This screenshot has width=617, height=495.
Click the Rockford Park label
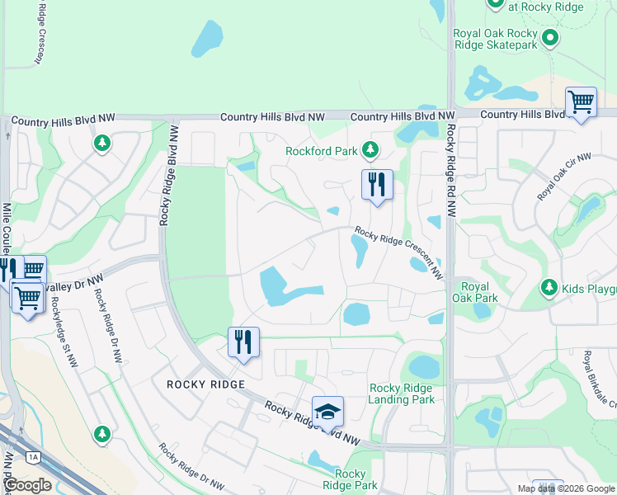click(x=322, y=151)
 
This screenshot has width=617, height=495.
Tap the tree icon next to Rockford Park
click(x=370, y=150)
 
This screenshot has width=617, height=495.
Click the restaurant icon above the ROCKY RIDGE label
click(x=243, y=342)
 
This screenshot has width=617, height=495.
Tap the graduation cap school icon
click(x=327, y=412)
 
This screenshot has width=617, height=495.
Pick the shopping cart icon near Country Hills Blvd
click(x=581, y=103)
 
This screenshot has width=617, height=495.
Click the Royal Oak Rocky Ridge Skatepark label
click(x=495, y=39)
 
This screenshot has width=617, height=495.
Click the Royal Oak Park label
click(x=476, y=292)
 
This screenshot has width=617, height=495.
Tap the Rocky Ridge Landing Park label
click(x=402, y=394)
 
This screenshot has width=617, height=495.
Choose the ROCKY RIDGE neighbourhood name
click(x=205, y=384)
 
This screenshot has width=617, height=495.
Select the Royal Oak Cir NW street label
click(x=565, y=176)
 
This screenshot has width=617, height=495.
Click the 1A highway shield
click(x=33, y=456)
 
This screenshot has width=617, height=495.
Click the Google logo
click(x=27, y=484)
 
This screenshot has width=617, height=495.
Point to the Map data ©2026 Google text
click(x=566, y=488)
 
